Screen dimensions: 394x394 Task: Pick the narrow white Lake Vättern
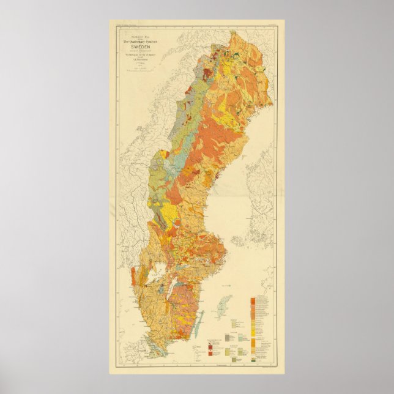click(173, 289)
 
